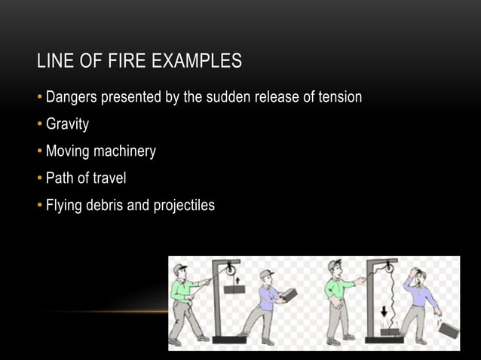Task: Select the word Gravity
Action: click(67, 124)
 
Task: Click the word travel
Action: click(108, 178)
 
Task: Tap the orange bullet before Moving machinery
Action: click(41, 151)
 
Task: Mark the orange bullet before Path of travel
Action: click(41, 178)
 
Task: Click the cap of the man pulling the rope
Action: click(179, 268)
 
